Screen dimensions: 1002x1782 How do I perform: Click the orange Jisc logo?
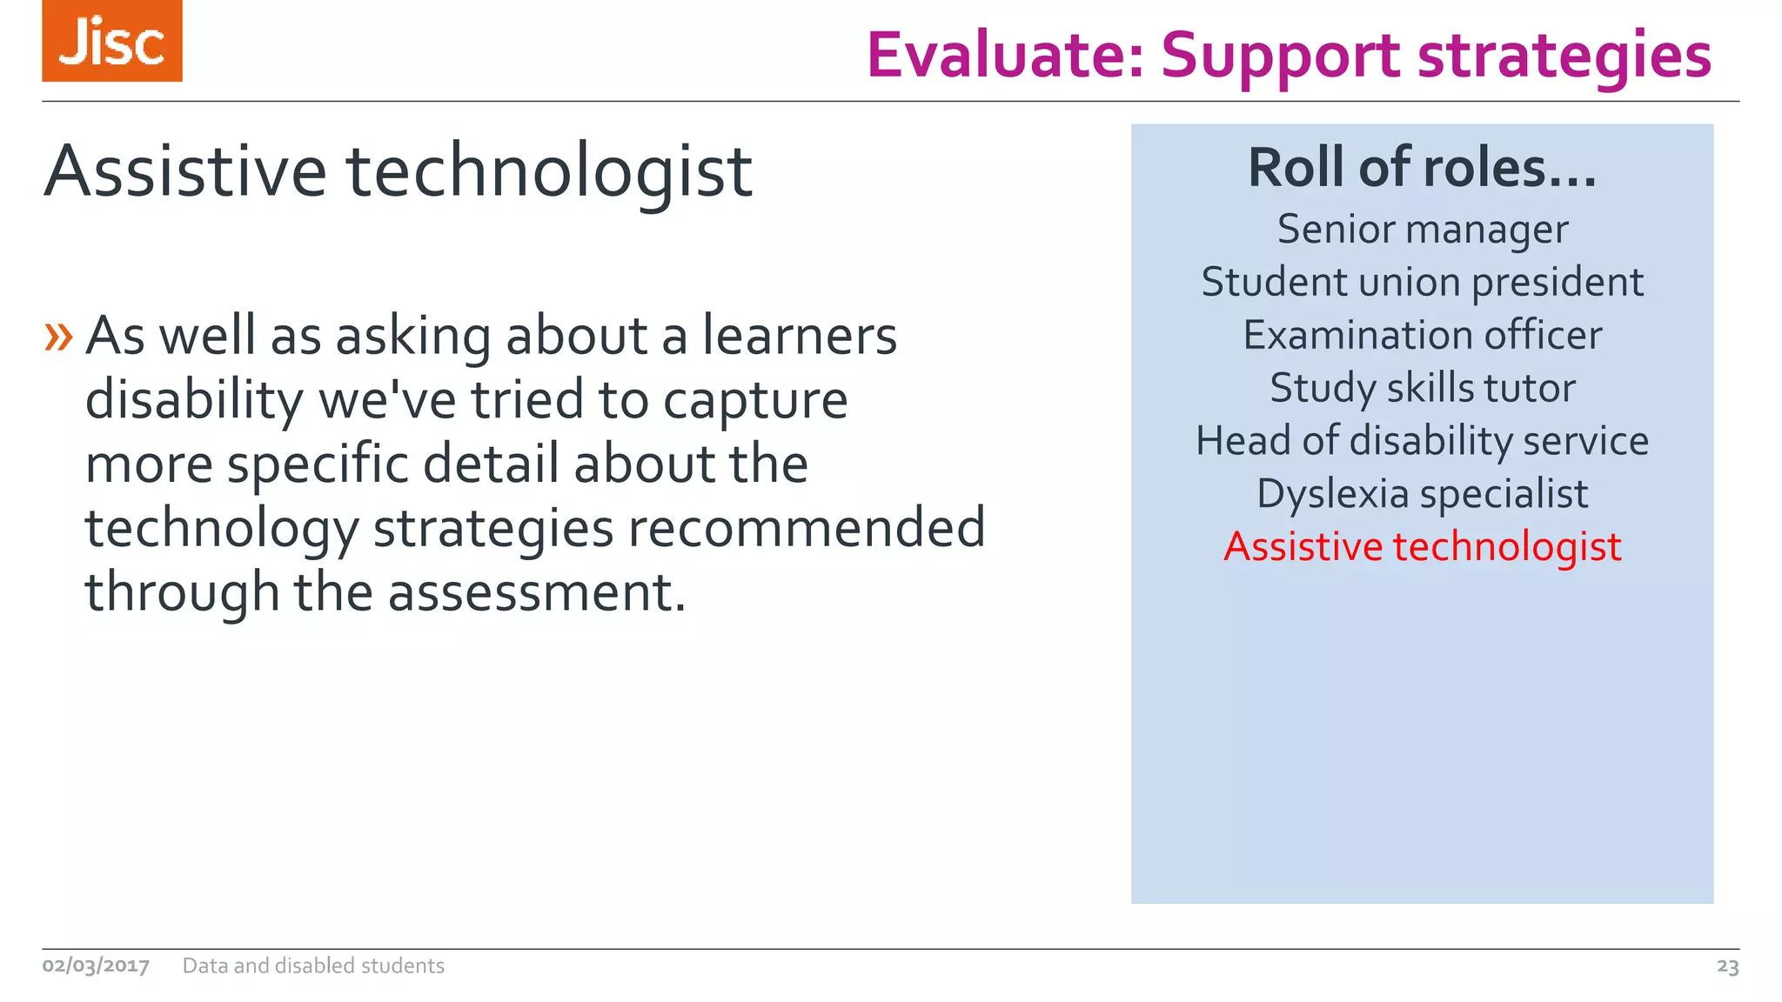(x=112, y=41)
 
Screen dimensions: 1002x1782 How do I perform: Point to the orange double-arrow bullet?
(x=58, y=337)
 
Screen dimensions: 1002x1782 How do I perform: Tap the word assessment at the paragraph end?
(x=536, y=592)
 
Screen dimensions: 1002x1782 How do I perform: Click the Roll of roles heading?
(x=1422, y=167)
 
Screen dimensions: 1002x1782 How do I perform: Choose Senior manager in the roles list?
(x=1422, y=230)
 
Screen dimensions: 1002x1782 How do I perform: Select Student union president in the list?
(x=1422, y=283)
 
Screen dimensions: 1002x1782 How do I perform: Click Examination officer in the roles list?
(x=1422, y=336)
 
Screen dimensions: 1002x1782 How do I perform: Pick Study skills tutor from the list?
(x=1422, y=388)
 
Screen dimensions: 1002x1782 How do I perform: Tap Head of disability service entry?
(x=1422, y=441)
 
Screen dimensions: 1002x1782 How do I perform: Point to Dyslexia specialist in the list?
(x=1422, y=494)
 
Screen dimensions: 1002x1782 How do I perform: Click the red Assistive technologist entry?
(x=1422, y=547)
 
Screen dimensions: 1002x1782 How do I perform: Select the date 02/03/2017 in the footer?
(x=96, y=965)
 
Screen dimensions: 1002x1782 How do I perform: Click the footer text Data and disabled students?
(x=313, y=965)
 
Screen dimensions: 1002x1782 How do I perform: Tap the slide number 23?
(x=1727, y=966)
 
